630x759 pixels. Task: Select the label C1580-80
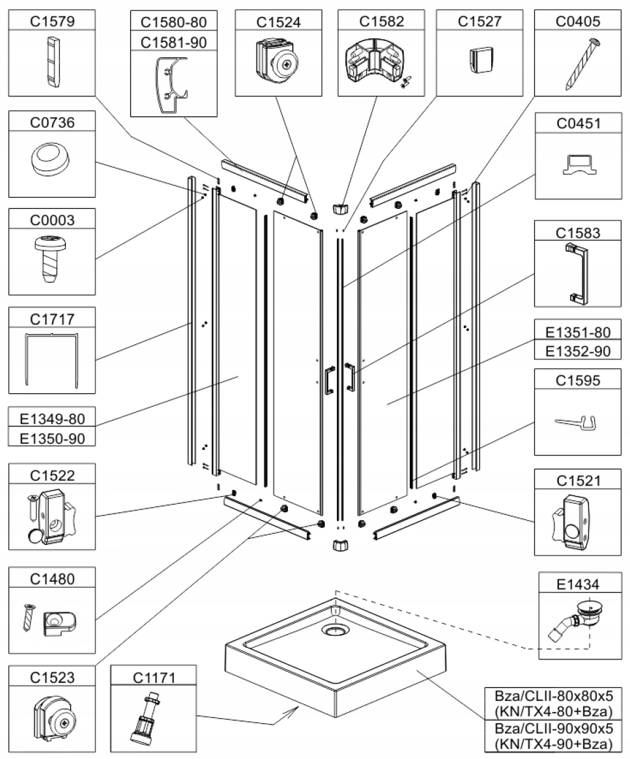coord(174,21)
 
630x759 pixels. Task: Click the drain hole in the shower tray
coord(336,630)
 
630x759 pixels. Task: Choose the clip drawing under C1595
coord(579,423)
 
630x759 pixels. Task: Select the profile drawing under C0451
coord(579,166)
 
